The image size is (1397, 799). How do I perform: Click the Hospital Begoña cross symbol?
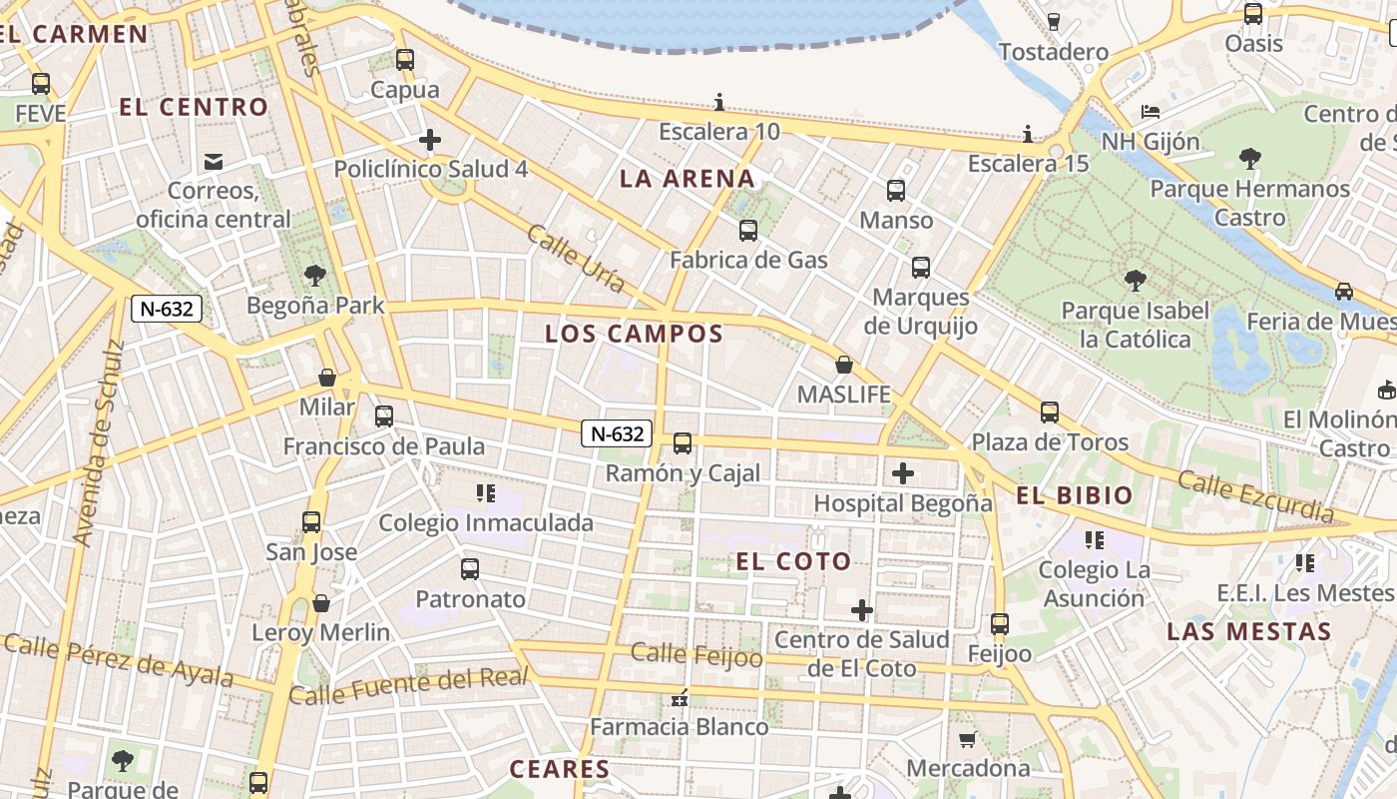[903, 473]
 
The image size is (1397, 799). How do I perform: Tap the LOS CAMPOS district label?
[634, 335]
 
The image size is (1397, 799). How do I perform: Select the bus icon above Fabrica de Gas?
[748, 231]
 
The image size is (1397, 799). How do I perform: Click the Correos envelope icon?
[213, 161]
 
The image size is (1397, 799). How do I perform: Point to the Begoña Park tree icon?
[315, 275]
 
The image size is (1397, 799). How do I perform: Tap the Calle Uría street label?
[576, 259]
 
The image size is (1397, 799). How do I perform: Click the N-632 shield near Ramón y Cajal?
[618, 433]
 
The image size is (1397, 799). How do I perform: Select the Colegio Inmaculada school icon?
[486, 492]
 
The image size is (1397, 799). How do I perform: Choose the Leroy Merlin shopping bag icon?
[321, 603]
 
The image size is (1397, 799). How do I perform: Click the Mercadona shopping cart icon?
[966, 740]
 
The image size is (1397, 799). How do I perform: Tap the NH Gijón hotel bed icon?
[1151, 111]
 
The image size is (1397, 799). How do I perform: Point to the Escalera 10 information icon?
[719, 102]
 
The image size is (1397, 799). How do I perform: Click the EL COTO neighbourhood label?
[793, 561]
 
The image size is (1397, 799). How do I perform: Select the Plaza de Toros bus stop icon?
[1050, 411]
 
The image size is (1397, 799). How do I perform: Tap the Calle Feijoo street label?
[697, 655]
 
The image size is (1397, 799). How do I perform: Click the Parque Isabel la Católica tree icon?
[1135, 281]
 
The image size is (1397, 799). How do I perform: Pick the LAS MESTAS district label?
[1248, 631]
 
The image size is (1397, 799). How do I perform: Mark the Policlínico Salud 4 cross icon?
[430, 140]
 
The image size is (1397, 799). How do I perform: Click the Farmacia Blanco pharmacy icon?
[681, 698]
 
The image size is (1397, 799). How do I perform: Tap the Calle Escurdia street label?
[1255, 496]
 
